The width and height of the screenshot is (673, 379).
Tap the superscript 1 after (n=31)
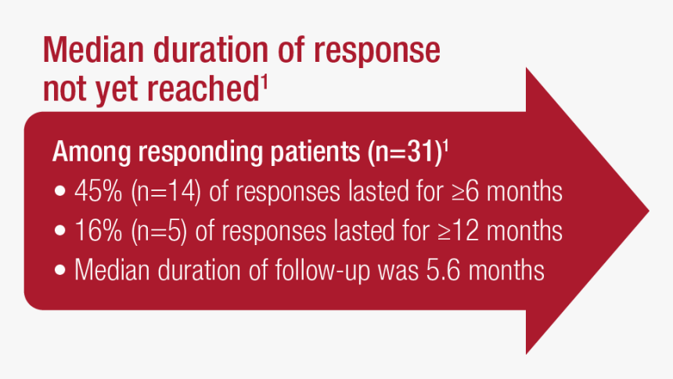point(445,145)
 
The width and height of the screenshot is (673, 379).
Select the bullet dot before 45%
point(61,193)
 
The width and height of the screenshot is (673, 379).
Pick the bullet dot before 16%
point(61,232)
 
